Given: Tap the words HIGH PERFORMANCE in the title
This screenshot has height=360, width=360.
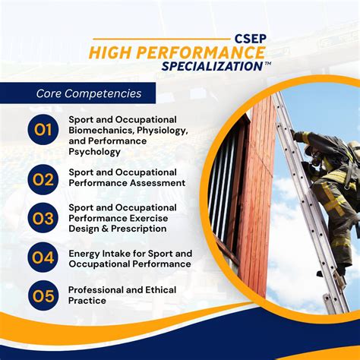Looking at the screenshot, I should click(x=177, y=52).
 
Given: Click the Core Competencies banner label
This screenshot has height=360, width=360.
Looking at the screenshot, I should click(x=88, y=94).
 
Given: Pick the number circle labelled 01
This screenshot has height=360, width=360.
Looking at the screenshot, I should click(x=43, y=130).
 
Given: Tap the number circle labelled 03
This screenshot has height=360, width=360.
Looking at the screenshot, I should click(x=43, y=219).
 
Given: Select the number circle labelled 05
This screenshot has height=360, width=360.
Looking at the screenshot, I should click(x=43, y=295).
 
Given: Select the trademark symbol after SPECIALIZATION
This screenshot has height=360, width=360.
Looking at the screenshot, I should click(x=268, y=63).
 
